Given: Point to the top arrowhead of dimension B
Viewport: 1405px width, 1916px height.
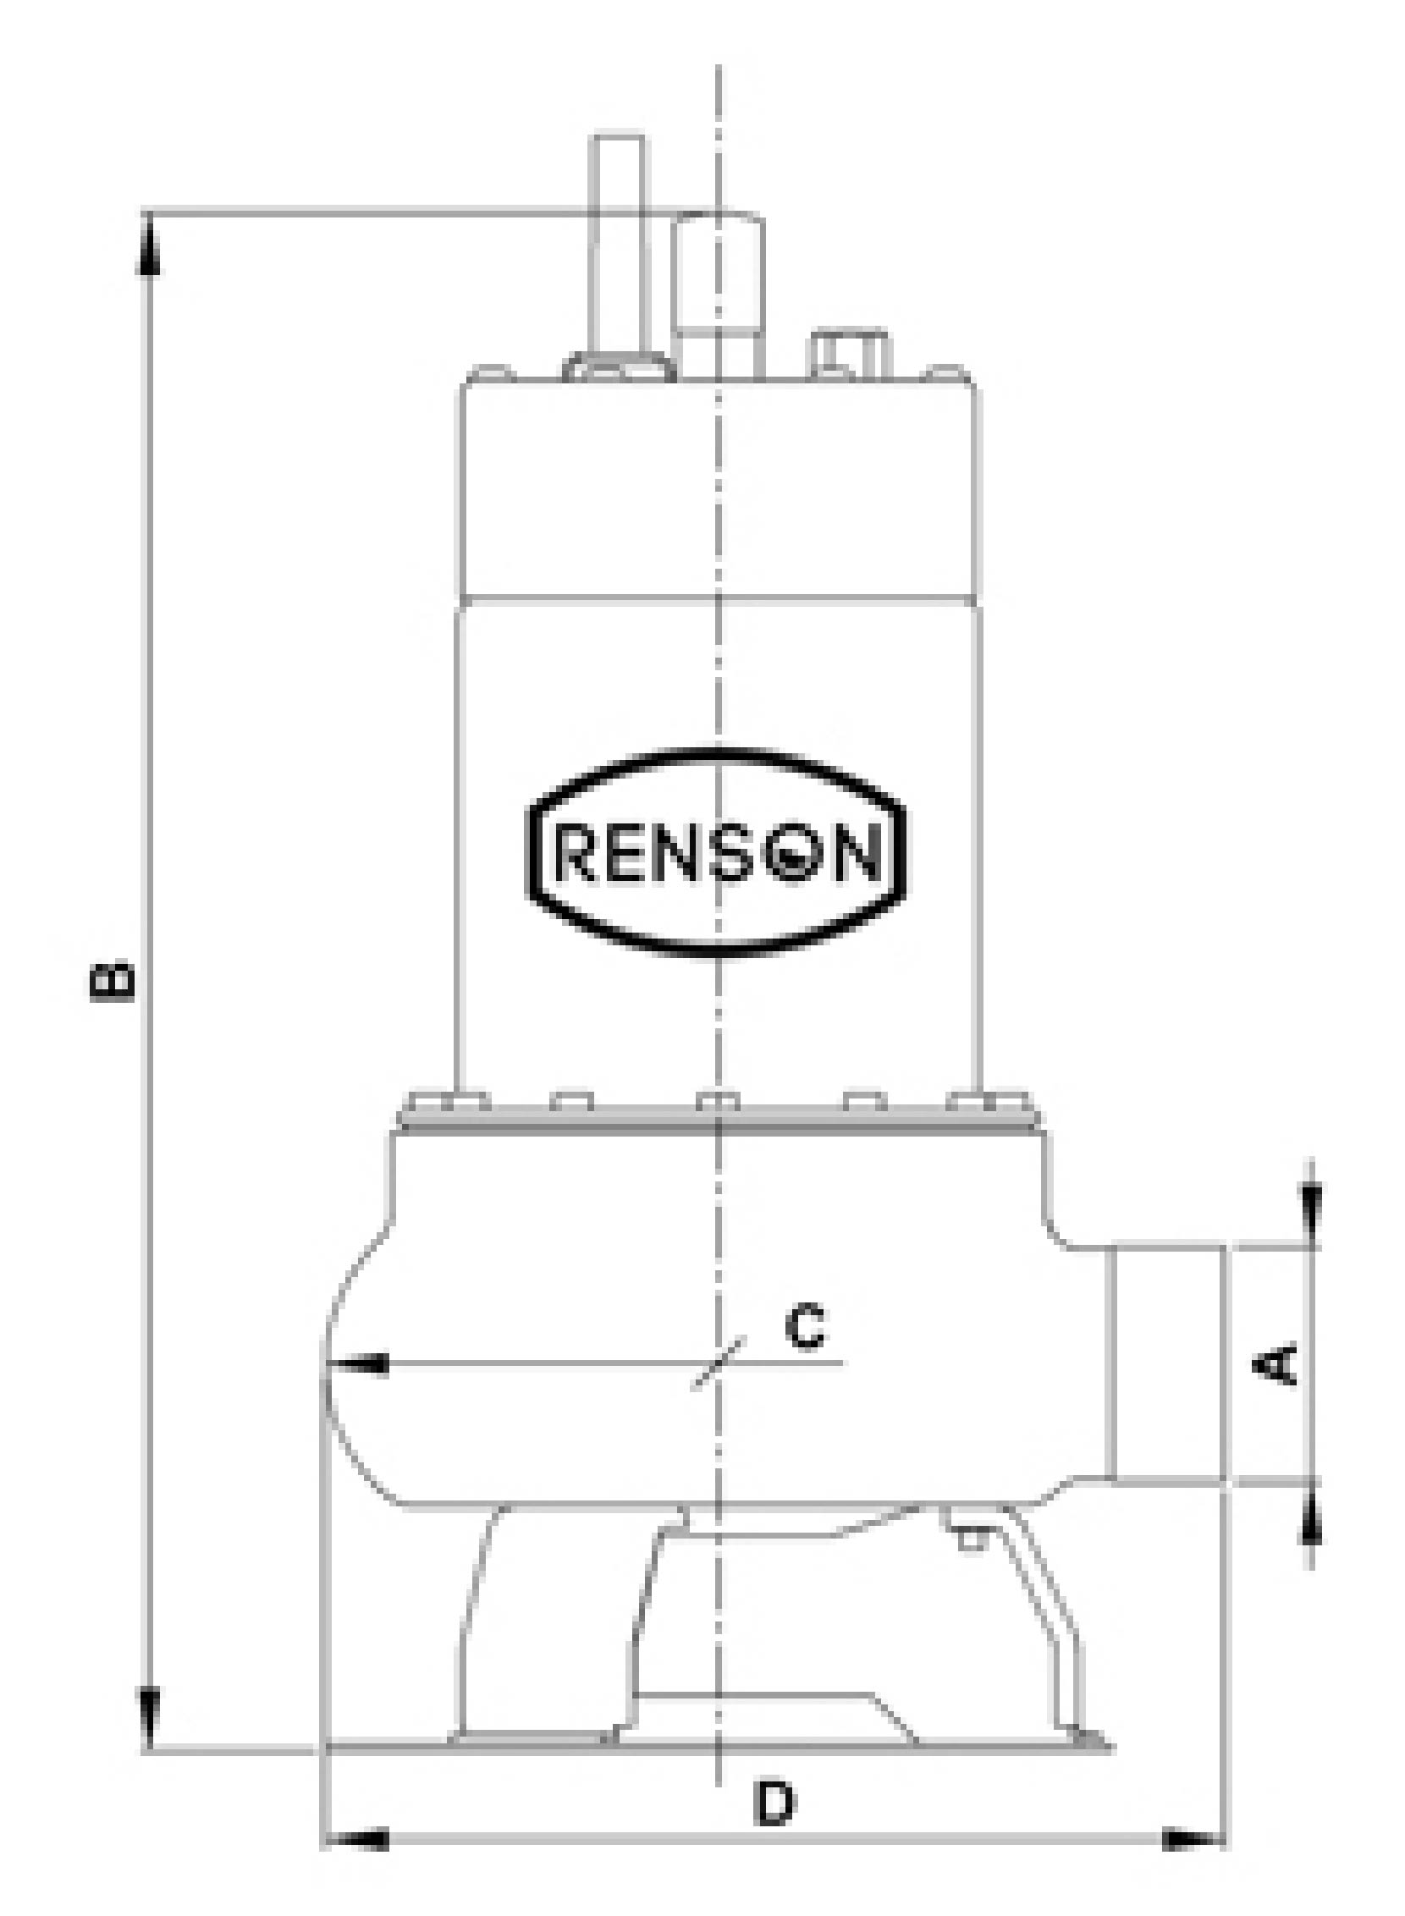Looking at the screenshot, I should pos(149,246).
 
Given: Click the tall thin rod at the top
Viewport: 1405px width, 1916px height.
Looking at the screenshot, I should pos(618,246).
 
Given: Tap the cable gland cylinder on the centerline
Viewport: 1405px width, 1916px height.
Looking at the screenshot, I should pos(719,298).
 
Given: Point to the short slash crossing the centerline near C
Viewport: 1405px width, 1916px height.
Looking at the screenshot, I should pos(719,1363).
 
